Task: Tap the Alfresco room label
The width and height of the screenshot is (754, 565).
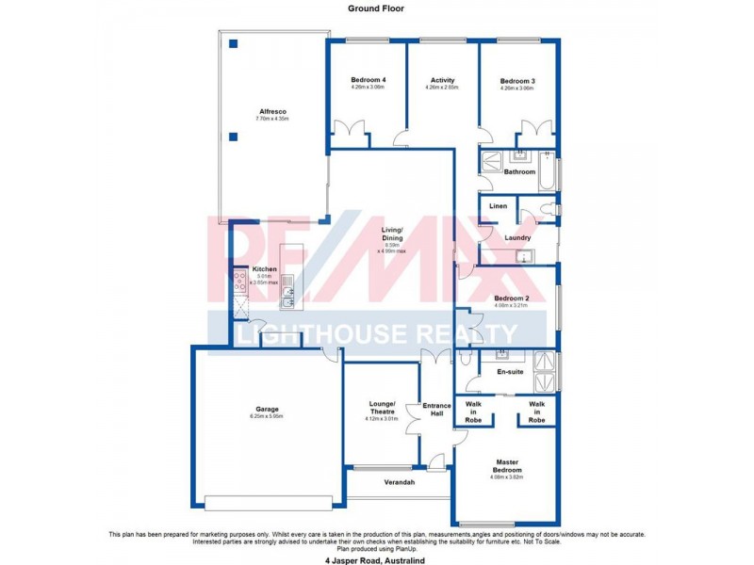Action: pos(271,110)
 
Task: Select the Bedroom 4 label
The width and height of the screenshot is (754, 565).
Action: pos(368,80)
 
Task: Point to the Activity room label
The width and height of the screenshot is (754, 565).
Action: pos(442,80)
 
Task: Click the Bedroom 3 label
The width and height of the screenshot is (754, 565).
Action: pos(516,82)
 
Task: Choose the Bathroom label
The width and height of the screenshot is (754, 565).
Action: pos(519,172)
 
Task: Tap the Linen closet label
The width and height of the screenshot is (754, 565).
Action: pos(498,205)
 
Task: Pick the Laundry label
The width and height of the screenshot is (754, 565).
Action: pos(517,238)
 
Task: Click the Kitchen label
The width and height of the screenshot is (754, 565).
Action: pos(264,269)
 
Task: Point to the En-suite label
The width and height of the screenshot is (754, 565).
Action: pos(510,373)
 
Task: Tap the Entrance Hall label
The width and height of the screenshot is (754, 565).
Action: pos(436,411)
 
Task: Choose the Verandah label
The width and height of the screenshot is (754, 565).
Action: pos(400,482)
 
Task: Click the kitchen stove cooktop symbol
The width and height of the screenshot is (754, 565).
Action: pos(240,280)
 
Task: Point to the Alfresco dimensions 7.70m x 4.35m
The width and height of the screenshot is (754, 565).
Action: pos(271,119)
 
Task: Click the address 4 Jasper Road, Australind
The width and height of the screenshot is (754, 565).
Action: pos(376,557)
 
